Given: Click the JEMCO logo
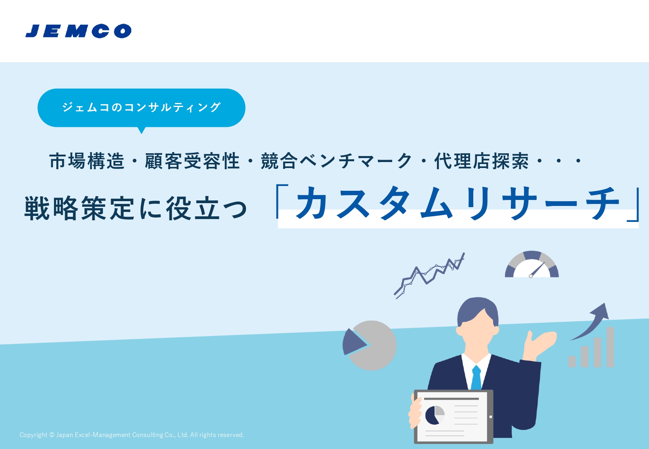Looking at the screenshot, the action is [x=79, y=31].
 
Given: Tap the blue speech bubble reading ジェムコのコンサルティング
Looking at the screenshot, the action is [x=141, y=108].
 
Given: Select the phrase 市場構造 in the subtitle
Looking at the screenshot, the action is [x=87, y=161].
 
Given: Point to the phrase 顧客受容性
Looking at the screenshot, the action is [x=192, y=161].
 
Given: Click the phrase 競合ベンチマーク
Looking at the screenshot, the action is [x=336, y=161].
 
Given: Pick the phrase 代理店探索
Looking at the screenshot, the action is [x=481, y=161].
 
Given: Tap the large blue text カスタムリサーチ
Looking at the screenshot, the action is [x=458, y=203].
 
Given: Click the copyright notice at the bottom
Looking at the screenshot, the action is [x=132, y=435].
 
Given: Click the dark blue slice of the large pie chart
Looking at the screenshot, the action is [x=353, y=342].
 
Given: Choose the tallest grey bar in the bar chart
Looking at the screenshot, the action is [x=610, y=347].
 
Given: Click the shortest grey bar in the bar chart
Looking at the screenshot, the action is [x=572, y=362].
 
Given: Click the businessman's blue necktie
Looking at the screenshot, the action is [x=476, y=378].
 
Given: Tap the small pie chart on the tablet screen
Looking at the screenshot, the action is [x=435, y=415].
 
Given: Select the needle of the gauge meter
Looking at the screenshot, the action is [x=538, y=269].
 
